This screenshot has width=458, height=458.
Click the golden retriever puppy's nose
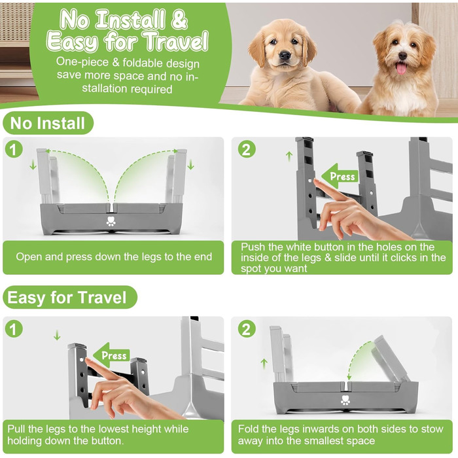[285, 55]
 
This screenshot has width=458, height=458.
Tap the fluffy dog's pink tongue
[401, 68]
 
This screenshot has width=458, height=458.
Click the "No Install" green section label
[48, 123]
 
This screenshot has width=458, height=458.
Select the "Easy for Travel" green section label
[70, 297]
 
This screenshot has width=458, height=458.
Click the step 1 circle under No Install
[14, 149]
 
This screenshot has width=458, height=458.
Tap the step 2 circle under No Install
[247, 149]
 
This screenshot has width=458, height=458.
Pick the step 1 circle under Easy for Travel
[14, 329]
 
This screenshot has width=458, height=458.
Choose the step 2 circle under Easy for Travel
[247, 329]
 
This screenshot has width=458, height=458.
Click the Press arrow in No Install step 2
[340, 176]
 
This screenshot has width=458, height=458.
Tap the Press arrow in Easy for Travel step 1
[111, 355]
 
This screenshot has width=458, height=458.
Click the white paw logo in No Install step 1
[111, 221]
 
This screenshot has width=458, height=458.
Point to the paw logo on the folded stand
[345, 400]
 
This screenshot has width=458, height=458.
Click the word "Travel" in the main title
[177, 41]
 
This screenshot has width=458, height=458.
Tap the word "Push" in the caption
[253, 247]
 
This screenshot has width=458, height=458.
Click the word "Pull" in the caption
[16, 429]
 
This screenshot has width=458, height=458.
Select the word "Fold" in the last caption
[248, 429]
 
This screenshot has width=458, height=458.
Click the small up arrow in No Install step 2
[289, 156]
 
